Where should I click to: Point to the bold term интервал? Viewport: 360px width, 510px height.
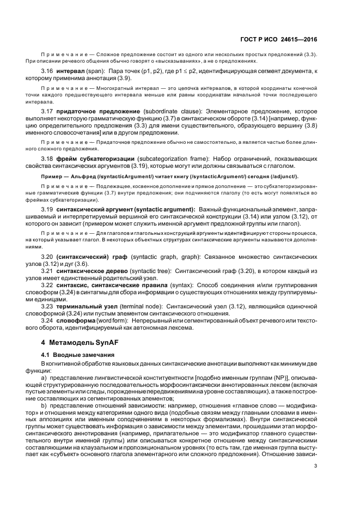click(69, 72)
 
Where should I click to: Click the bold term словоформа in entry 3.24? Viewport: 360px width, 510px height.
click(75, 321)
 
